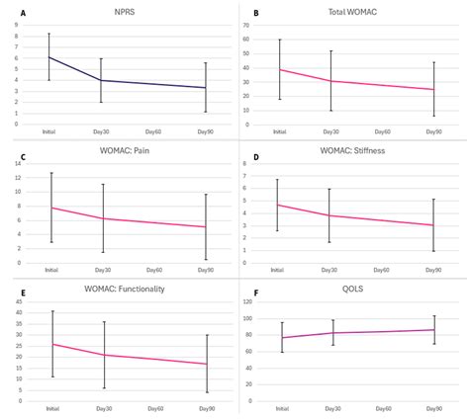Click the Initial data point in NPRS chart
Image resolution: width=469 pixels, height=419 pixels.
pyautogui.click(x=49, y=57)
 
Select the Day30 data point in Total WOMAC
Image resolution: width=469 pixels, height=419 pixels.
pyautogui.click(x=331, y=81)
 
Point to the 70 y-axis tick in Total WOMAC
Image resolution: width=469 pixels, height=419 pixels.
pyautogui.click(x=261, y=25)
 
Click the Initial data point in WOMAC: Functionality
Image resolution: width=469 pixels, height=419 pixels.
pyautogui.click(x=51, y=344)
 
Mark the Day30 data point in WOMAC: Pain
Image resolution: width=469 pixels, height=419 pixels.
pyautogui.click(x=102, y=218)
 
